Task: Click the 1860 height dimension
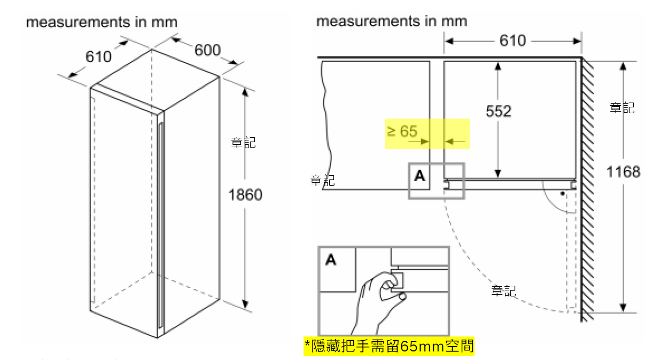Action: click(245, 195)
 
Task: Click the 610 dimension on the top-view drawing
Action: click(512, 41)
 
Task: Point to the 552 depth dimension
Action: click(498, 111)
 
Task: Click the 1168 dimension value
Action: click(623, 171)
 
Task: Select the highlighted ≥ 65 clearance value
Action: click(401, 131)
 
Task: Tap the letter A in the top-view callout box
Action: click(420, 175)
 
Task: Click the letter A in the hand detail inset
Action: click(331, 260)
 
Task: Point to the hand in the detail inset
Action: click(377, 302)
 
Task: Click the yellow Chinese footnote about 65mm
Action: click(388, 346)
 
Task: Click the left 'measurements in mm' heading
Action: click(102, 22)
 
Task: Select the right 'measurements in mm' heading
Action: click(392, 21)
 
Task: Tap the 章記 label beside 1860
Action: click(243, 143)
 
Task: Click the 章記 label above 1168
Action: click(622, 108)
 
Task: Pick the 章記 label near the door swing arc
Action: click(503, 291)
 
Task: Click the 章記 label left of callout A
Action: click(322, 181)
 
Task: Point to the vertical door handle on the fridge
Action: click(160, 224)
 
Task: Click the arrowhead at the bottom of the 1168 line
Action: click(623, 308)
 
